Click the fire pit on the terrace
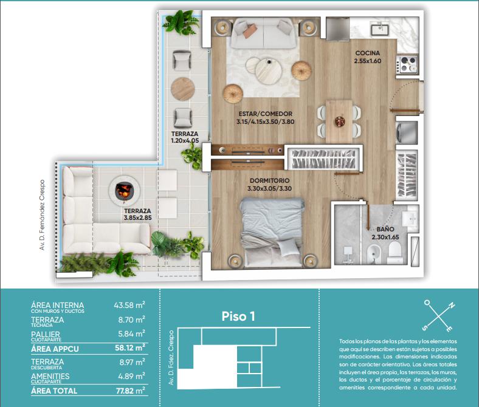125,191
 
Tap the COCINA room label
368,53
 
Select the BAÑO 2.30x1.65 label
385,233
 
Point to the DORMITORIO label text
269,180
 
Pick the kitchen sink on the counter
380,30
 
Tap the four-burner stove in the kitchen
407,64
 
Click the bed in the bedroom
272,232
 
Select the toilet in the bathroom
394,252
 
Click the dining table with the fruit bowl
339,121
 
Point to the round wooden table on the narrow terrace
183,89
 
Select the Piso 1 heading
238,316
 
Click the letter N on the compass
451,306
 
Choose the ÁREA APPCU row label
55,349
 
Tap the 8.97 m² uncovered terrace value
132,362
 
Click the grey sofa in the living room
263,33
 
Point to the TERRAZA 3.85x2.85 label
138,214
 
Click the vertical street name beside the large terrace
42,215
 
